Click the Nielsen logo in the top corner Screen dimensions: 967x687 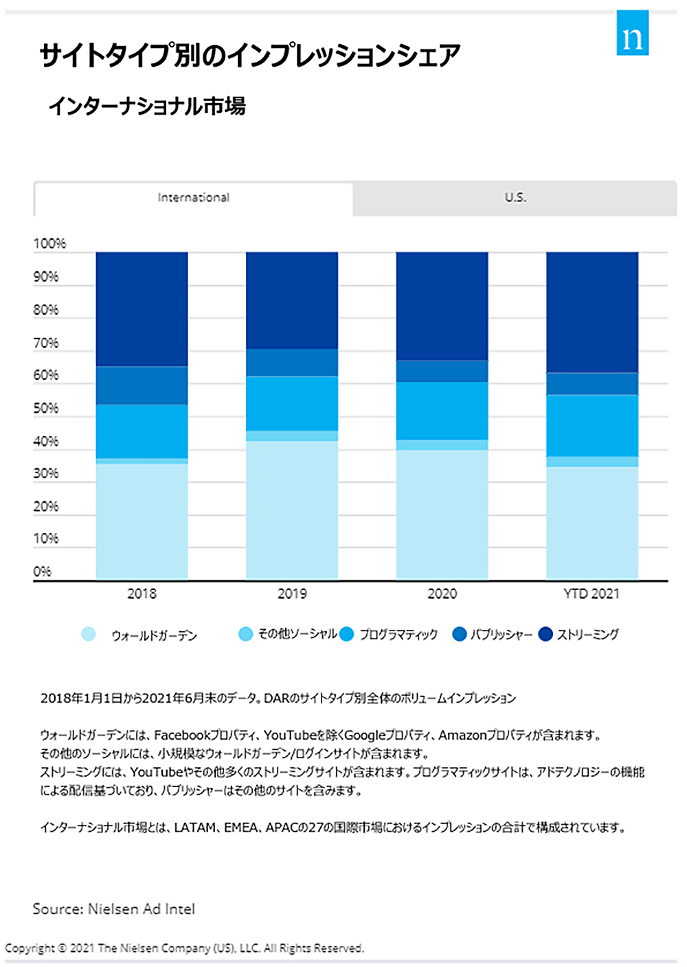pyautogui.click(x=632, y=34)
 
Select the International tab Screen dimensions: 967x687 pyautogui.click(x=194, y=198)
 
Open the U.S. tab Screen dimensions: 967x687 pyautogui.click(x=515, y=198)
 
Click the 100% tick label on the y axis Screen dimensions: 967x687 pyautogui.click(x=49, y=244)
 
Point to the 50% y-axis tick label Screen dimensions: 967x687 pyautogui.click(x=46, y=409)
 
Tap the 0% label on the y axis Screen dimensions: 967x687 pyautogui.click(x=43, y=571)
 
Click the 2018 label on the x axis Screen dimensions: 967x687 pyautogui.click(x=142, y=594)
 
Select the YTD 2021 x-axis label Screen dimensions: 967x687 pyautogui.click(x=592, y=594)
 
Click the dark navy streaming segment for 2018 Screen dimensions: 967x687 pyautogui.click(x=142, y=309)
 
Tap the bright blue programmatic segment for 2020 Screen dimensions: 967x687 pyautogui.click(x=442, y=411)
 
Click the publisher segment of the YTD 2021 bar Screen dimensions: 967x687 pyautogui.click(x=592, y=384)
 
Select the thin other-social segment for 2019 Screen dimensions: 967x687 pyautogui.click(x=292, y=435)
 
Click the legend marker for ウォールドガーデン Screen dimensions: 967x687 pyautogui.click(x=89, y=634)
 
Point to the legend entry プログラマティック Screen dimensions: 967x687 pyautogui.click(x=398, y=635)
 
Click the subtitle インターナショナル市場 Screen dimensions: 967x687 pyautogui.click(x=147, y=106)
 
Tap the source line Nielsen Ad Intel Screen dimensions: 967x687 pyautogui.click(x=114, y=909)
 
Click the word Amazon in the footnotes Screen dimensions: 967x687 pyautogui.click(x=462, y=736)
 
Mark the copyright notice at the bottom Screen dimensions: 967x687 pyautogui.click(x=184, y=948)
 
